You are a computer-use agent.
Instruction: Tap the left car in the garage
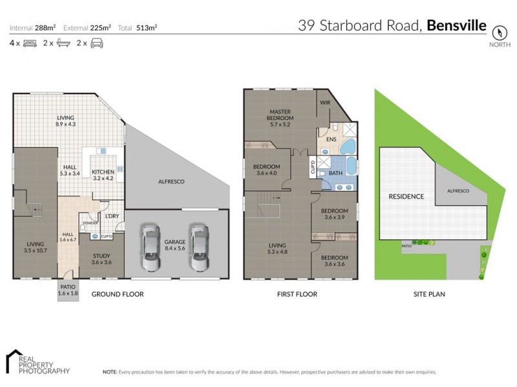click(150, 248)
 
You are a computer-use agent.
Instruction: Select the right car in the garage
click(199, 248)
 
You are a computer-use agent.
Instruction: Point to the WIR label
click(325, 103)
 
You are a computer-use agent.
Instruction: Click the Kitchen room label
click(103, 175)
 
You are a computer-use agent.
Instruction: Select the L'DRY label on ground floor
click(111, 216)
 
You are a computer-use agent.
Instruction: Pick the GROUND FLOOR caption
click(117, 294)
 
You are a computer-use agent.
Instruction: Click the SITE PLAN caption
click(428, 294)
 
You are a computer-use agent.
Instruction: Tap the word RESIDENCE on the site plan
click(406, 196)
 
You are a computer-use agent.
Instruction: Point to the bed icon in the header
click(30, 43)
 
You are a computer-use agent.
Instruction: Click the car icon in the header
click(97, 43)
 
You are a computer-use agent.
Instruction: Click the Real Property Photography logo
click(37, 362)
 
